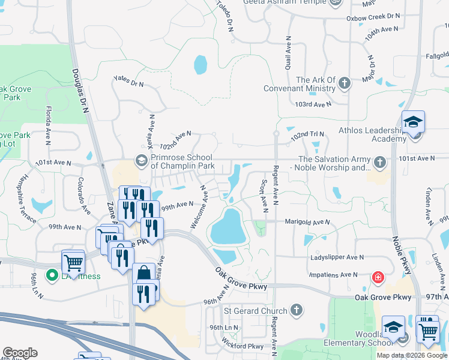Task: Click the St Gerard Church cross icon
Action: pyautogui.click(x=295, y=310)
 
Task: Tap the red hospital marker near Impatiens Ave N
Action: pyautogui.click(x=378, y=277)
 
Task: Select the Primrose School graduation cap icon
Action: pyautogui.click(x=142, y=160)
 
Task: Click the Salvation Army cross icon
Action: pyautogui.click(x=379, y=163)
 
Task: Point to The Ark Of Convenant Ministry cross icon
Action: pyautogui.click(x=345, y=83)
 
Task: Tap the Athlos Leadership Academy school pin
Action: pyautogui.click(x=413, y=124)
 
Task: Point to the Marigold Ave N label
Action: pyautogui.click(x=307, y=222)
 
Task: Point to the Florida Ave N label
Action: pyautogui.click(x=48, y=124)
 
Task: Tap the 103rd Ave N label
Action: pyautogui.click(x=313, y=104)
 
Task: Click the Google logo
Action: pyautogui.click(x=20, y=353)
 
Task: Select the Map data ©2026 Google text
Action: pyautogui.click(x=412, y=355)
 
